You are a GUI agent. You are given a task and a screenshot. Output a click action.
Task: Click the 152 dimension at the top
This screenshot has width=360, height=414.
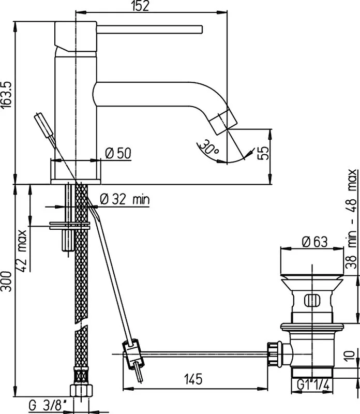tap(140, 6)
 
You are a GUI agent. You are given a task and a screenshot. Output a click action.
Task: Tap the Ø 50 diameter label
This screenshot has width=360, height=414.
tap(118, 153)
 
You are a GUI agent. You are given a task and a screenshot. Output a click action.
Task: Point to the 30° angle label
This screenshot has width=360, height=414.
tap(209, 147)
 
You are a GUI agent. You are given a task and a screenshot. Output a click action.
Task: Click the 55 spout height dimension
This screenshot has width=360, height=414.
tap(263, 153)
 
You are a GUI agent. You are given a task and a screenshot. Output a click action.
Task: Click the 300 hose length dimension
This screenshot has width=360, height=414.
tap(6, 281)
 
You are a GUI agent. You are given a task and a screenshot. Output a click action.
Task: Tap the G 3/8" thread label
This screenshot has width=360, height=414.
tap(48, 405)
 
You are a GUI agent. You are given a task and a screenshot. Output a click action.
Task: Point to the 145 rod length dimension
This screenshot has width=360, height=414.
tap(193, 379)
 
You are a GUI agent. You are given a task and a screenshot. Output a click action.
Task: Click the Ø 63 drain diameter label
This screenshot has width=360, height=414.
tap(314, 242)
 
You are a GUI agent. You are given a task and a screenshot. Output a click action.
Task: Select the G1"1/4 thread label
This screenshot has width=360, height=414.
tap(313, 385)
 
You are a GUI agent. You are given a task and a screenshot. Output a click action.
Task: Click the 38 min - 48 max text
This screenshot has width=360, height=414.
tap(352, 219)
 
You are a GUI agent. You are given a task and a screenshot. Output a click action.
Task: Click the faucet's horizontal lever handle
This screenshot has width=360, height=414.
tap(149, 29)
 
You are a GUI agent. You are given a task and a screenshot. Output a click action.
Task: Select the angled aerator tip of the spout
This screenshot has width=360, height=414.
tap(224, 122)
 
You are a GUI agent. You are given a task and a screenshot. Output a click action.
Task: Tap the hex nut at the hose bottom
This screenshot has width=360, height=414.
tap(82, 390)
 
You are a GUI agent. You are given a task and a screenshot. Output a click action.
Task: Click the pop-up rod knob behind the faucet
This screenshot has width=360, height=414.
tap(44, 125)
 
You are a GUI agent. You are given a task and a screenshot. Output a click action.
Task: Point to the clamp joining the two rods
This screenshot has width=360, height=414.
tap(133, 354)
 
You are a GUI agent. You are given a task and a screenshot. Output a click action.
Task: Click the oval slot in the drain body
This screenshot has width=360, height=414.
tap(312, 300)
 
